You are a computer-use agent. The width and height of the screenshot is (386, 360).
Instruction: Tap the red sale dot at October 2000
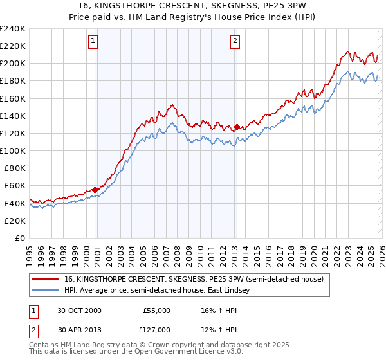coord(95,190)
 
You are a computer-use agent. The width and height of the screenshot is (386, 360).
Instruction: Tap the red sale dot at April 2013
coord(237,127)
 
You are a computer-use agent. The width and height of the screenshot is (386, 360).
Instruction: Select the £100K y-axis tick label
coord(13,150)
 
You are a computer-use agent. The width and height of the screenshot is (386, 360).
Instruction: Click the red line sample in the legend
coord(46,278)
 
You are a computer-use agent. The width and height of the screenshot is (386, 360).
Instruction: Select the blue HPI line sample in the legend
coord(46,290)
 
